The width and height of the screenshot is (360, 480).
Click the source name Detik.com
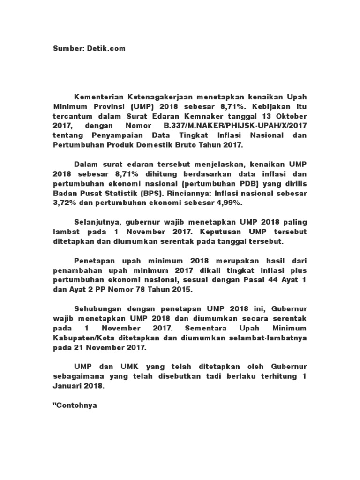tap(108, 48)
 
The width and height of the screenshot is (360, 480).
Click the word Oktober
tap(292, 116)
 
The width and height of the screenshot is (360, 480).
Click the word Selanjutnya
tap(96, 221)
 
